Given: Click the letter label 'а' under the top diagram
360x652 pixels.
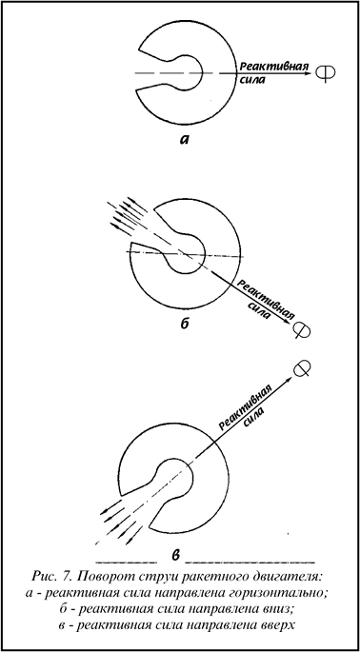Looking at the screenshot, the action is pyautogui.click(x=184, y=139).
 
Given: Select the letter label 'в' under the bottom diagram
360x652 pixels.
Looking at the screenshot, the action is pyautogui.click(x=176, y=554).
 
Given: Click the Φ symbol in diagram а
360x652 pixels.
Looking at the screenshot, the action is pyautogui.click(x=325, y=73).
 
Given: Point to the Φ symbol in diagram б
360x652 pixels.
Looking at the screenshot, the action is pyautogui.click(x=301, y=329).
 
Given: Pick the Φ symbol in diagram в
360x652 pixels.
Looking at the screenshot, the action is pyautogui.click(x=303, y=369).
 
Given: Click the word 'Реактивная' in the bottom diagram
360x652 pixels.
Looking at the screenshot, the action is pyautogui.click(x=246, y=407).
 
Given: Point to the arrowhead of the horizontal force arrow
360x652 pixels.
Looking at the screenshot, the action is pyautogui.click(x=308, y=73).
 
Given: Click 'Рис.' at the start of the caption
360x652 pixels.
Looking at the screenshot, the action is pyautogui.click(x=44, y=577).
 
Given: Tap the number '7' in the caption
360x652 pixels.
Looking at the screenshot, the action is pyautogui.click(x=67, y=577).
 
